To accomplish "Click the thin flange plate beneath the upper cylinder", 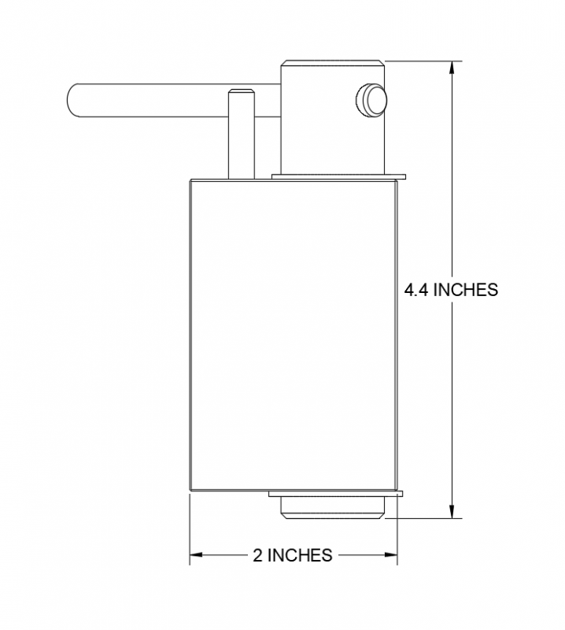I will (x=338, y=175).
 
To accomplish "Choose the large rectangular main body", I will (x=292, y=335).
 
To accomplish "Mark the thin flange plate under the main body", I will (x=335, y=495).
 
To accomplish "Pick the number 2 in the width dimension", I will (x=257, y=555).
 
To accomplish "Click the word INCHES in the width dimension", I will (x=300, y=555).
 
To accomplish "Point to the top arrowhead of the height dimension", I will (x=452, y=67).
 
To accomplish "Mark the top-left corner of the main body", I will (x=190, y=179).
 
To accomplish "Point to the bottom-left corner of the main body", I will (x=190, y=492).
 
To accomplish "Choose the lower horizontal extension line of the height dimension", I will (x=425, y=520).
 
